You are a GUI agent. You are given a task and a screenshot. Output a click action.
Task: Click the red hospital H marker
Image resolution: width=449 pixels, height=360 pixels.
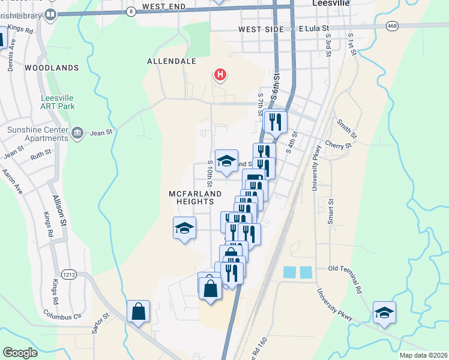[220, 75]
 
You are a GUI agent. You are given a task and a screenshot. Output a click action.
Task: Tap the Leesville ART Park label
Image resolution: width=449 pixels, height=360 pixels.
[58, 101]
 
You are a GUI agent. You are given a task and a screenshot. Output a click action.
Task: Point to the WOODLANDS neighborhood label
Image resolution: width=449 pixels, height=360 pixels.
[52, 68]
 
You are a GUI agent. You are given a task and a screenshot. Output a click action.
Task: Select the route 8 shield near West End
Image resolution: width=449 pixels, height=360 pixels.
[131, 11]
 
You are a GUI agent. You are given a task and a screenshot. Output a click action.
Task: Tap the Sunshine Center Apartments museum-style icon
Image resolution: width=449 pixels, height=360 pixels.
[77, 132]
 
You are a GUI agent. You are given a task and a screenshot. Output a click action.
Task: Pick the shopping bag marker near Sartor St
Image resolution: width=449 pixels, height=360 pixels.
[138, 311]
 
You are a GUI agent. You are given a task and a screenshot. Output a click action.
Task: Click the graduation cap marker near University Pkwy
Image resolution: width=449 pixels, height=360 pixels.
[384, 313]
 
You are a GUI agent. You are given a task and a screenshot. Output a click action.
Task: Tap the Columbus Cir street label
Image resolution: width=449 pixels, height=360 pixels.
[62, 314]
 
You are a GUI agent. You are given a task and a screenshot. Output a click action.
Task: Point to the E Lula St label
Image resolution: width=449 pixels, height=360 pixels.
[314, 28]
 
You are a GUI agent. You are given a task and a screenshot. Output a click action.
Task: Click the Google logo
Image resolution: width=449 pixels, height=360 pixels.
[20, 352]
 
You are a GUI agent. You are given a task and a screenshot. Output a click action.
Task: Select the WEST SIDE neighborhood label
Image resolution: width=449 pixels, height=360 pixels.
[259, 29]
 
